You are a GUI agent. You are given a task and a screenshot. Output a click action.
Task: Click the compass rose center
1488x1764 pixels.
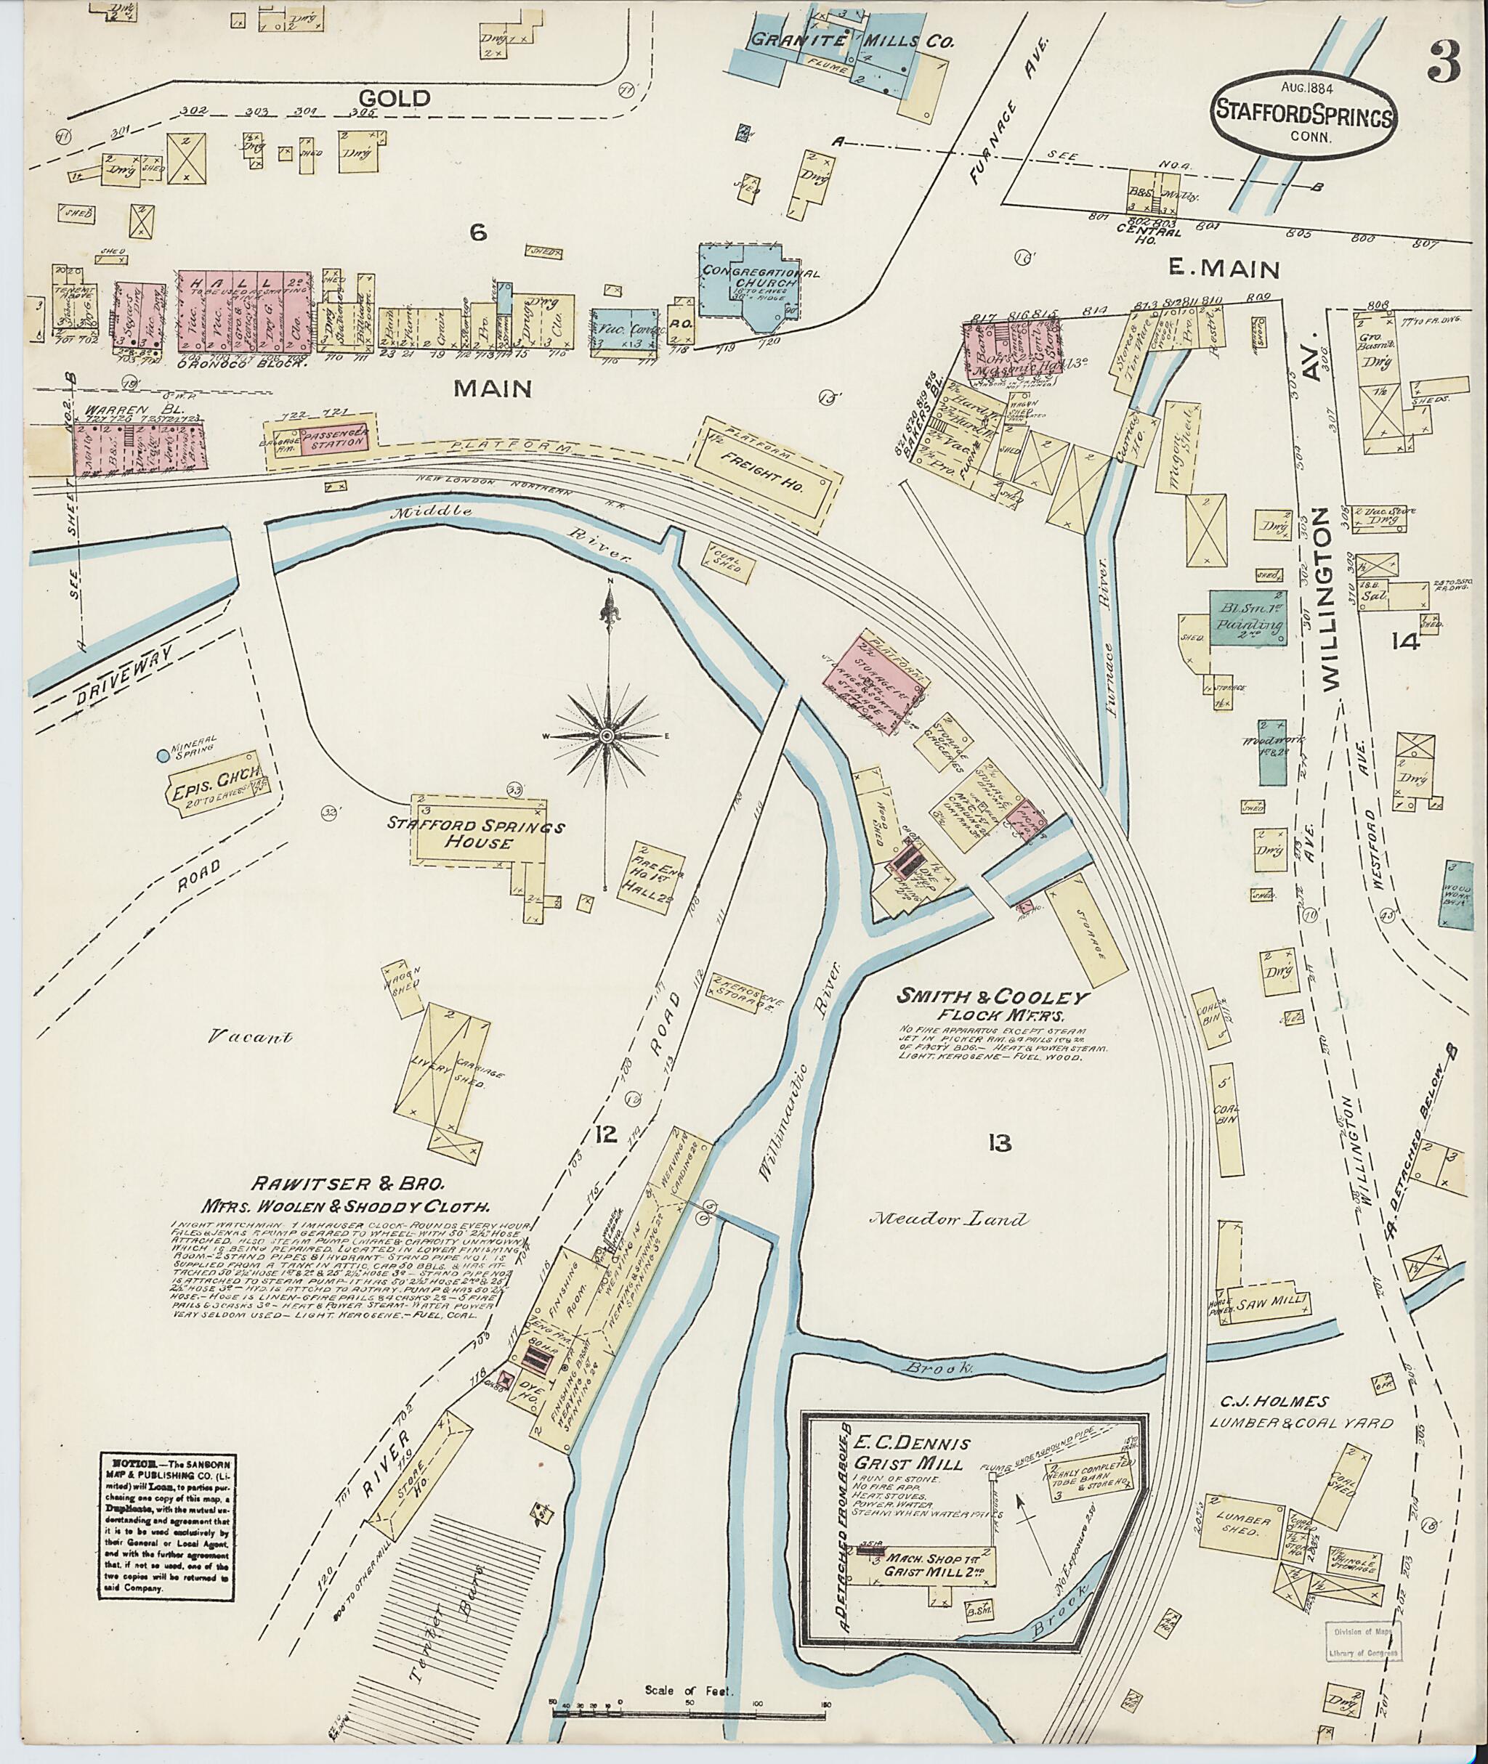click(607, 737)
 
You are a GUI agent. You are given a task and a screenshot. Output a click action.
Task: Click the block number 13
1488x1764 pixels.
click(999, 1143)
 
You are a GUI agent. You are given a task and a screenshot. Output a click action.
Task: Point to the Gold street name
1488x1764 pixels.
click(404, 98)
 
